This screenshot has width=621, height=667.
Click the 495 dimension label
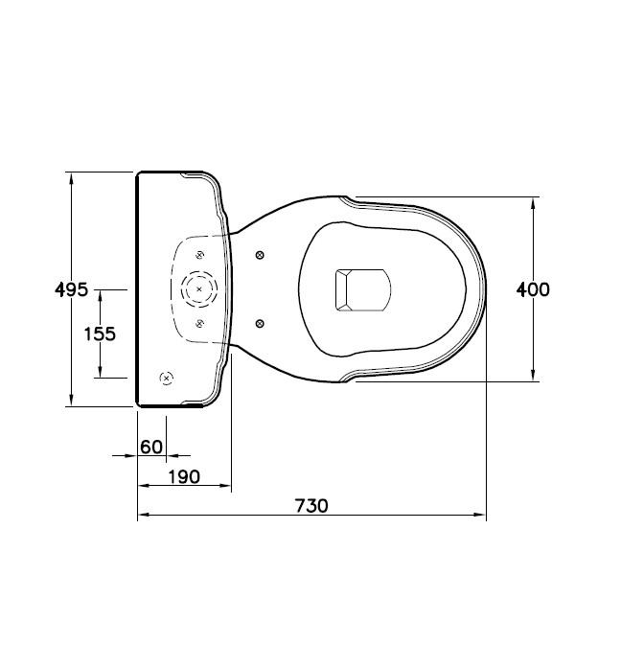(x=72, y=288)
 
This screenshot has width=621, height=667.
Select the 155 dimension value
(x=100, y=333)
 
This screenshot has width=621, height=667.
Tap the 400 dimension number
(x=533, y=288)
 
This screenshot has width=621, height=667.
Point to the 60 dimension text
(x=151, y=446)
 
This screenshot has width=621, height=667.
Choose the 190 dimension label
(x=183, y=476)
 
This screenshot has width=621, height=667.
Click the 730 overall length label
(x=311, y=505)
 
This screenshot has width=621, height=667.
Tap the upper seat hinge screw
(x=260, y=254)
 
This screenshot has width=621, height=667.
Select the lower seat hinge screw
(x=260, y=323)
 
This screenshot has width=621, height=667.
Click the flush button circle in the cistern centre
(x=199, y=288)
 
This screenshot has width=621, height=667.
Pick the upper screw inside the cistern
(x=199, y=254)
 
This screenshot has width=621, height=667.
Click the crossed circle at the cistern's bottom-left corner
(x=166, y=379)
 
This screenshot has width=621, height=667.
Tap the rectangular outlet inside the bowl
(x=361, y=288)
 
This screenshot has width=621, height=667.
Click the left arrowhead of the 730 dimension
(x=142, y=517)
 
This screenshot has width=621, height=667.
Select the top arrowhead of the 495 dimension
(x=71, y=176)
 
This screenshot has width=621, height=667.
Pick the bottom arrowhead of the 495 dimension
(x=71, y=402)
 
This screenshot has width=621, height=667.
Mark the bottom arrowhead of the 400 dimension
(x=533, y=377)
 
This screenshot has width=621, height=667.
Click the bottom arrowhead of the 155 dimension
(x=100, y=374)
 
